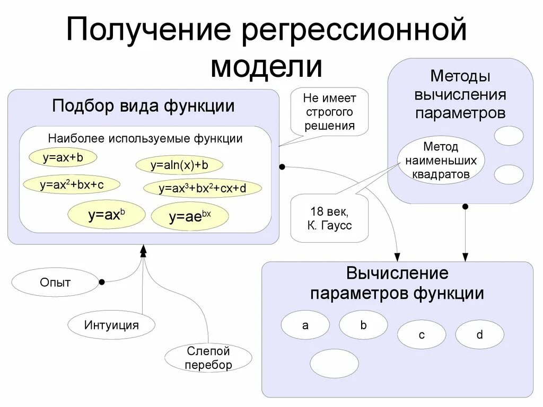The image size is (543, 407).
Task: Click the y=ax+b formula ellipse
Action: (56, 157)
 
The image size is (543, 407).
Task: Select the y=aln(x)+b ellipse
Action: (179, 165)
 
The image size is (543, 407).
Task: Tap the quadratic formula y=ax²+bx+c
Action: (72, 184)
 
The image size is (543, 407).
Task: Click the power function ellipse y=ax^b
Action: (99, 214)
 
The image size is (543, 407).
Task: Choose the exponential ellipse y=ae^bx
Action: (190, 216)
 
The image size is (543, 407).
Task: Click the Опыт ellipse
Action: (55, 282)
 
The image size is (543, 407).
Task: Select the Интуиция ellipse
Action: (111, 324)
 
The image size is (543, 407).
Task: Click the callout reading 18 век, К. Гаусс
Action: (329, 219)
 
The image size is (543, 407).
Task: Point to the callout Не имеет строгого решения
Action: (329, 112)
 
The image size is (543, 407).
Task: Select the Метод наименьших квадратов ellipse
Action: (441, 160)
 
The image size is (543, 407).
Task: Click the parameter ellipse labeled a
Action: (305, 325)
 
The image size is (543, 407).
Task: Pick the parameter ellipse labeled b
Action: (363, 325)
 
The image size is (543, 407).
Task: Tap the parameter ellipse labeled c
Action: (422, 335)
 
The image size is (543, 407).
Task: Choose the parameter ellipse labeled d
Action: (479, 334)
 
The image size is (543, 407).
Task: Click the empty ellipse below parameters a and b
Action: (334, 363)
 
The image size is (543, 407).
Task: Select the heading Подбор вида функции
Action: (143, 105)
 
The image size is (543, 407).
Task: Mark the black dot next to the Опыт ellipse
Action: (101, 282)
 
